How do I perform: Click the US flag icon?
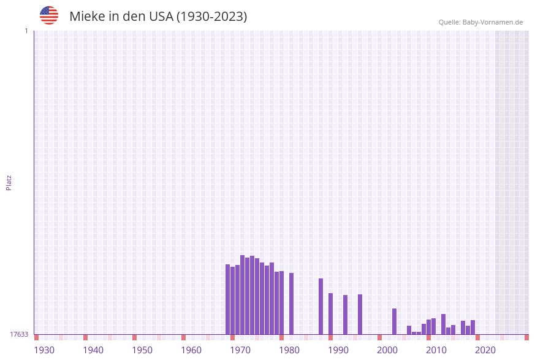click(49, 15)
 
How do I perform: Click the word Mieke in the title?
click(86, 17)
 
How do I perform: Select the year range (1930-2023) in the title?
click(211, 17)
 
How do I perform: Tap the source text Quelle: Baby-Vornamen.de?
click(480, 22)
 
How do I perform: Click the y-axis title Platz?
click(9, 182)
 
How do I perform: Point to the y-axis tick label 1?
click(26, 31)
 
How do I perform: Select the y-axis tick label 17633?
click(19, 334)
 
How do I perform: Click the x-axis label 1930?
click(44, 350)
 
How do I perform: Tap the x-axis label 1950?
click(142, 350)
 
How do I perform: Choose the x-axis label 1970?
click(240, 350)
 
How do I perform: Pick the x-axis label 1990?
click(338, 350)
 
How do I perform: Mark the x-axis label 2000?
click(387, 350)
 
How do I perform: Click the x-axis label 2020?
click(485, 350)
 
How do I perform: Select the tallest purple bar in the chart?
click(242, 294)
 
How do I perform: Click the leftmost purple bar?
click(227, 299)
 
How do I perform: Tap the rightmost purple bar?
click(472, 327)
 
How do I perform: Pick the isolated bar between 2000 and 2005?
click(394, 321)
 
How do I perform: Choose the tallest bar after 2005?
click(443, 324)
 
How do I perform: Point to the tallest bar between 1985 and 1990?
click(321, 307)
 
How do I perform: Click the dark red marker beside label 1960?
click(183, 337)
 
